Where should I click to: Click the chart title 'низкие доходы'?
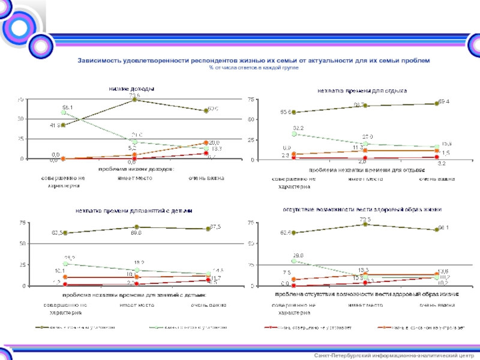[x=131, y=89]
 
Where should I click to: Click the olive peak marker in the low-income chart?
[x=134, y=100]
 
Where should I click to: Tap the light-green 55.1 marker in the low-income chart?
[x=63, y=113]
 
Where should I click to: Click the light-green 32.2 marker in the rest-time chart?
[x=292, y=134]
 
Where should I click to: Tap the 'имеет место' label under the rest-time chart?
[x=365, y=179]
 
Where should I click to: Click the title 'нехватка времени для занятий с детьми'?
[x=133, y=211]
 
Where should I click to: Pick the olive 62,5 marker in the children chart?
[x=65, y=233]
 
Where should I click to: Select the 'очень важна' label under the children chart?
[x=208, y=305]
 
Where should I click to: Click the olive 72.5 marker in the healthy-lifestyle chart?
[x=365, y=224]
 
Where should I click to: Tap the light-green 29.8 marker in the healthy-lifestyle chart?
[x=293, y=261]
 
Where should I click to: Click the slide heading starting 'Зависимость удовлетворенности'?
[x=253, y=61]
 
